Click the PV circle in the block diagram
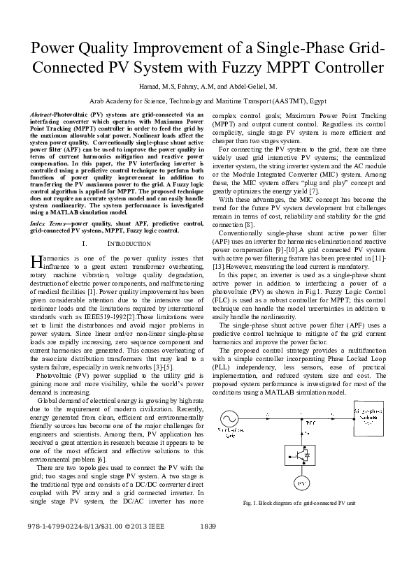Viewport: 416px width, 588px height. tap(302, 483)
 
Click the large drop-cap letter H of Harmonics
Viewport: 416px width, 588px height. tap(37, 261)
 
